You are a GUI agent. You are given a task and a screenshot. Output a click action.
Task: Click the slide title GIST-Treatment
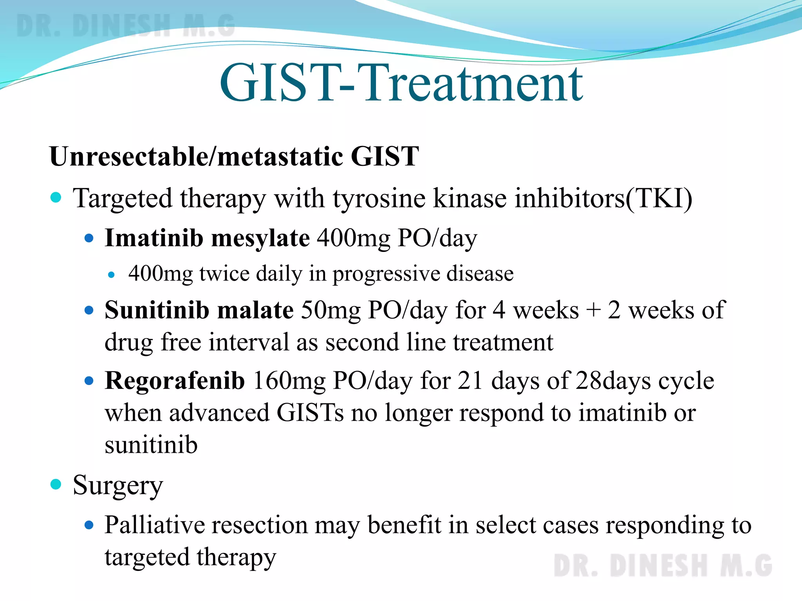click(x=401, y=83)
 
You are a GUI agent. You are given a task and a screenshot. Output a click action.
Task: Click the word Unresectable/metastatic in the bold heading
click(x=196, y=157)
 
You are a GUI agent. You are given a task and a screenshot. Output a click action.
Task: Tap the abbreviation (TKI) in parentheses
click(x=659, y=198)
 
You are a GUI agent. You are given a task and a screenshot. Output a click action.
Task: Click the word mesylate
click(x=260, y=239)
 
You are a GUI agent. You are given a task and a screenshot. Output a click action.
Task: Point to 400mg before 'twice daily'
click(x=161, y=274)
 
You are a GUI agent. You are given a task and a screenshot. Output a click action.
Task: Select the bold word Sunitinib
click(x=157, y=310)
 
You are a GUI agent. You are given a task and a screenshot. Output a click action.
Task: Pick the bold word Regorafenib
click(x=175, y=381)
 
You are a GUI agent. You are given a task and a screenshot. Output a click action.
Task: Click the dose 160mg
click(x=289, y=381)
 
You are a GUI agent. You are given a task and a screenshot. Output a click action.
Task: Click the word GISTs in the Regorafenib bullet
click(x=310, y=413)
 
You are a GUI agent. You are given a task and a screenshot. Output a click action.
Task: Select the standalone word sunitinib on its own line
click(x=151, y=445)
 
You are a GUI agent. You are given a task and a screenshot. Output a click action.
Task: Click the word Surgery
click(x=118, y=486)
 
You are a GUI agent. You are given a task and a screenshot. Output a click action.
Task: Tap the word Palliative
click(x=154, y=525)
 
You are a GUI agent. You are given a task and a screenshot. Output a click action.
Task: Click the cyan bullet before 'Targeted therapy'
click(x=56, y=197)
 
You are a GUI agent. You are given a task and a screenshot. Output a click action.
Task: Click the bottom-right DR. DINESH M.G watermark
click(x=663, y=566)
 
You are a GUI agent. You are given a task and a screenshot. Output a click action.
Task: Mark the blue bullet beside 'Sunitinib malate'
click(x=89, y=311)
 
